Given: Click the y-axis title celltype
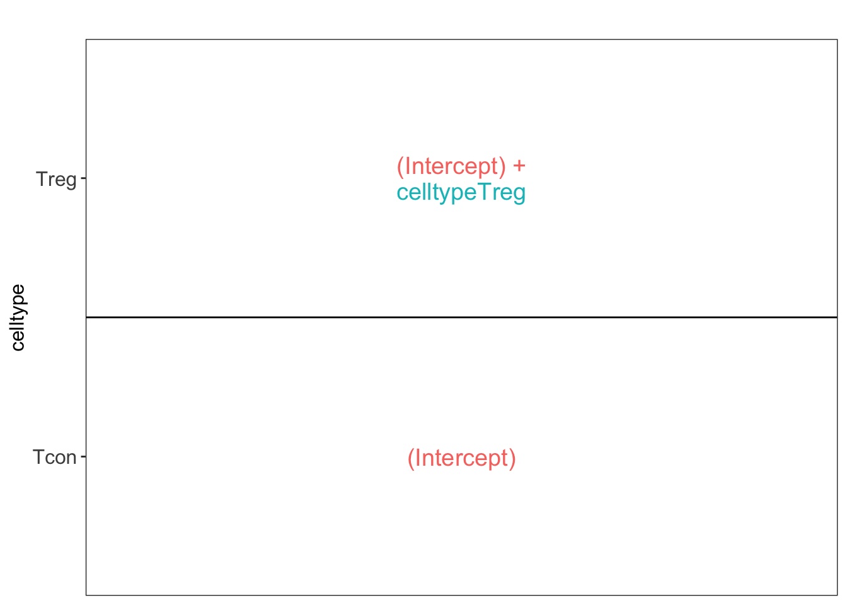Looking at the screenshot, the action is pos(18,318).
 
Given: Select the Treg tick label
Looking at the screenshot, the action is pos(56,179).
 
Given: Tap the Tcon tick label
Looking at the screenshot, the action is pos(55,457).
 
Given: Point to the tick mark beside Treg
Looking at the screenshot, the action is pos(84,178).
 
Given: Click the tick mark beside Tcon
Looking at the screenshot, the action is pos(84,457).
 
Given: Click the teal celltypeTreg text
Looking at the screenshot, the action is pos(461,192).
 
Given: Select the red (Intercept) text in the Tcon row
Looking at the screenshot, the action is pos(462,458).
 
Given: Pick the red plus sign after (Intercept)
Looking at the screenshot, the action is pos(519,166).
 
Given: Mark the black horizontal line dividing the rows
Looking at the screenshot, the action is pos(462,317).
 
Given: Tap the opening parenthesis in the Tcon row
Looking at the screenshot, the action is pos(411,459).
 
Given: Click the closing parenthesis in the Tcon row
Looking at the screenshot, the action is pos(512,459).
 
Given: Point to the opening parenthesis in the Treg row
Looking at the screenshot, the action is pos(400,167).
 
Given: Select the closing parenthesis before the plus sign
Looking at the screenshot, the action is pos(502,167).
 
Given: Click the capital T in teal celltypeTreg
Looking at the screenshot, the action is pos(486,192).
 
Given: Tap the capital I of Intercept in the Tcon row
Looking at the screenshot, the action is pos(417,458).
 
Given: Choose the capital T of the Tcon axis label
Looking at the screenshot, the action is pos(40,457).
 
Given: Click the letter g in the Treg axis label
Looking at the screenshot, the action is pos(71,181).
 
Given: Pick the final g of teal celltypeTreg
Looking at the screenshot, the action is pos(520,195).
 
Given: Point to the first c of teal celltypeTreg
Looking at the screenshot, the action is pos(402,194).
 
